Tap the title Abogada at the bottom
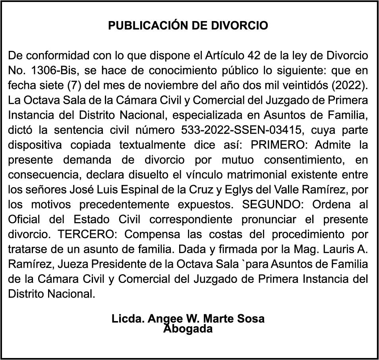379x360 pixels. tap(188, 329)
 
